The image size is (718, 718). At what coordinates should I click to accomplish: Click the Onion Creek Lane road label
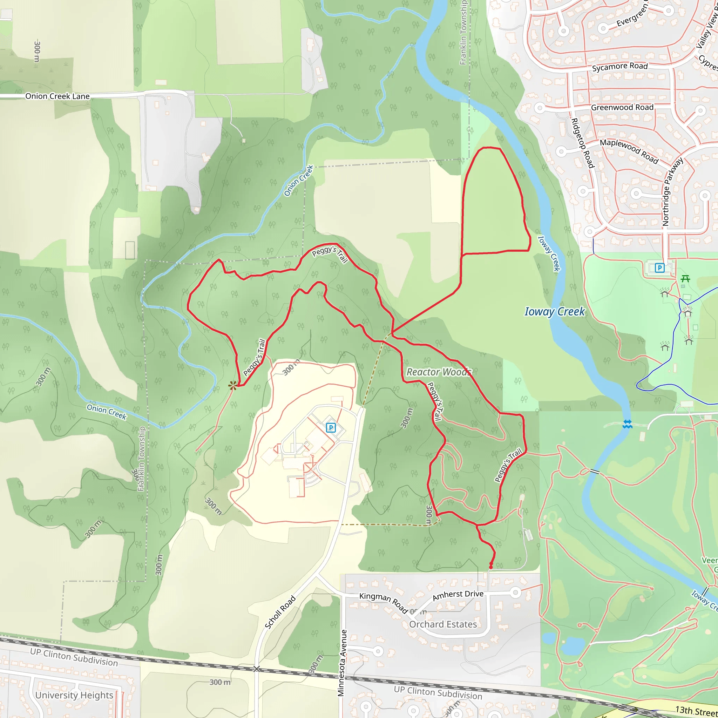(x=57, y=96)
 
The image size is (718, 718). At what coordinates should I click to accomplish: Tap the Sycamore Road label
(x=619, y=67)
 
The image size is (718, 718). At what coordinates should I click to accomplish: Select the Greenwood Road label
(x=622, y=107)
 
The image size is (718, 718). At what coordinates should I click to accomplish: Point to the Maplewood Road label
(x=629, y=151)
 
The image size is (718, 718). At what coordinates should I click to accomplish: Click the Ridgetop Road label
(x=582, y=143)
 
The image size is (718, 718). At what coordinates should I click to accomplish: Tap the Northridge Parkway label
(x=672, y=192)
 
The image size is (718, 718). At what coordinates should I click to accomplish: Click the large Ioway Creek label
(x=555, y=311)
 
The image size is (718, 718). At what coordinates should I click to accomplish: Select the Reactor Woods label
(x=439, y=372)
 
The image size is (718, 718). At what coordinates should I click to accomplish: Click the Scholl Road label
(x=280, y=612)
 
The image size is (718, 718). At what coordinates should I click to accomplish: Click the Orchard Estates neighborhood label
(x=443, y=624)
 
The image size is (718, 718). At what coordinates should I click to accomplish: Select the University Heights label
(x=74, y=695)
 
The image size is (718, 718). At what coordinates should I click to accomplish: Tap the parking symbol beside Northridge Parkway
(x=659, y=267)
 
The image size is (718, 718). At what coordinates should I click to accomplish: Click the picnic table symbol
(x=685, y=278)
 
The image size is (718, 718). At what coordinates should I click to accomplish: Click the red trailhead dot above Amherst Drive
(x=491, y=567)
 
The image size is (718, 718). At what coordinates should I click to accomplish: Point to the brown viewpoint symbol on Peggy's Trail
(x=233, y=386)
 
